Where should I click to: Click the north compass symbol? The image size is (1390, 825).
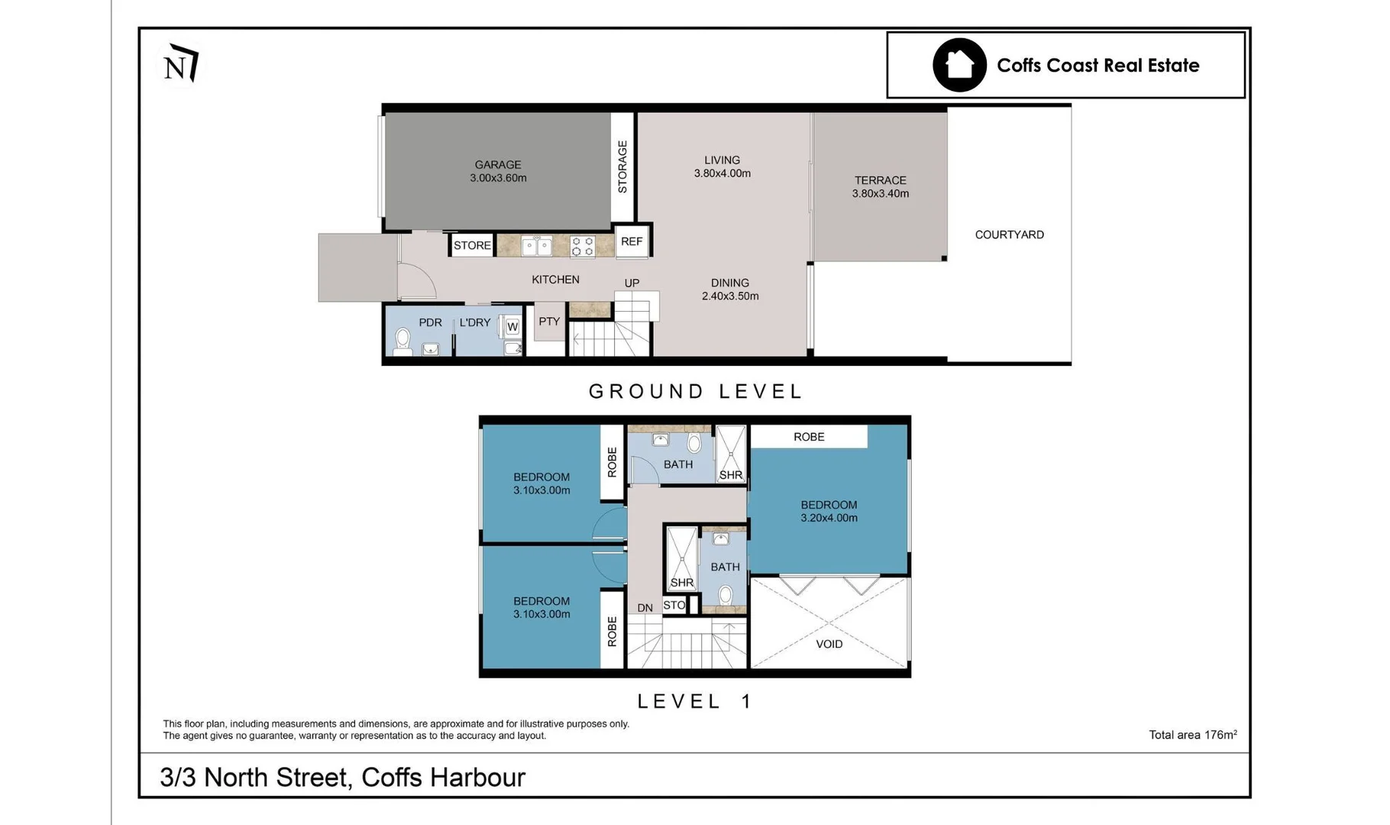pyautogui.click(x=181, y=63)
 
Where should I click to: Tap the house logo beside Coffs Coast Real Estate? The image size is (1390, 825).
pyautogui.click(x=959, y=65)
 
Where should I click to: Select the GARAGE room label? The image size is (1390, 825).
pyautogui.click(x=498, y=164)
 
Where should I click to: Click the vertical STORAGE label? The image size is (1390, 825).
pyautogui.click(x=622, y=167)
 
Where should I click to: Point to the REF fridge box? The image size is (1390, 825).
pyautogui.click(x=632, y=241)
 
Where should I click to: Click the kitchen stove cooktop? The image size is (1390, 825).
pyautogui.click(x=583, y=247)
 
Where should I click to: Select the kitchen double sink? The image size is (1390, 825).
pyautogui.click(x=537, y=246)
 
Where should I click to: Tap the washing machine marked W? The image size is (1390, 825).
pyautogui.click(x=511, y=327)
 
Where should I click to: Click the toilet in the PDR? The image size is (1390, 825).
pyautogui.click(x=403, y=341)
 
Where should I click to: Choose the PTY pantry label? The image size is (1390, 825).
pyautogui.click(x=549, y=322)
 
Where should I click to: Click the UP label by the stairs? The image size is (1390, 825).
pyautogui.click(x=632, y=283)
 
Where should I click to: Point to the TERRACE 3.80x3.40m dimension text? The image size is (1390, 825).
pyautogui.click(x=881, y=194)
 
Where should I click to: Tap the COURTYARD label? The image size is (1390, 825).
pyautogui.click(x=1010, y=235)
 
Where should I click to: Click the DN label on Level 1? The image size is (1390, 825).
pyautogui.click(x=645, y=608)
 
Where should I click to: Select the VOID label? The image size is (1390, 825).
pyautogui.click(x=829, y=644)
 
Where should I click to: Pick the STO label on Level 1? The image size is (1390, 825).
pyautogui.click(x=674, y=605)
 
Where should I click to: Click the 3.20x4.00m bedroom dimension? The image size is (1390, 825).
pyautogui.click(x=829, y=518)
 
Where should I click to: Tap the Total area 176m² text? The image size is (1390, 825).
pyautogui.click(x=1193, y=735)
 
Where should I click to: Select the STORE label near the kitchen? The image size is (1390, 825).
pyautogui.click(x=472, y=245)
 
